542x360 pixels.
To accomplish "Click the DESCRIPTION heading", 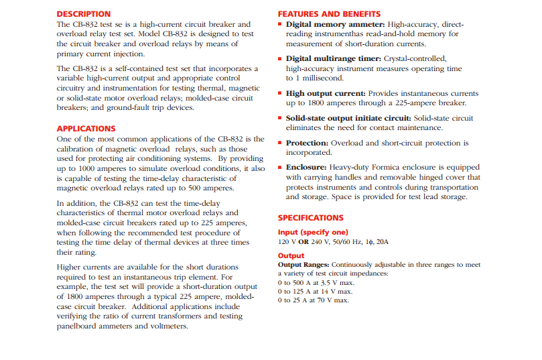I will point(84,14).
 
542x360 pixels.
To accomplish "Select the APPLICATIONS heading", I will point(86,129).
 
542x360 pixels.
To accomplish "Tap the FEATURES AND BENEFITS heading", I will point(329,14).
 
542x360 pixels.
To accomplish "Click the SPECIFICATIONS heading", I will point(310,218).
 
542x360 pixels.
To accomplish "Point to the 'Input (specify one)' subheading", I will point(313,232).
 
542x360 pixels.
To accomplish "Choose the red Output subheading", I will point(291,255).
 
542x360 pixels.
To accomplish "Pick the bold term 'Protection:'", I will point(307,143).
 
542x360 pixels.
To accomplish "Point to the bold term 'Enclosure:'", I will point(306,168).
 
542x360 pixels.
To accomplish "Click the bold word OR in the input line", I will point(303,241).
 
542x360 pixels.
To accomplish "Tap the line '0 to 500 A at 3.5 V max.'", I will point(315,282).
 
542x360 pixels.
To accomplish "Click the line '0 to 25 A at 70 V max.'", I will point(313,300).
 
